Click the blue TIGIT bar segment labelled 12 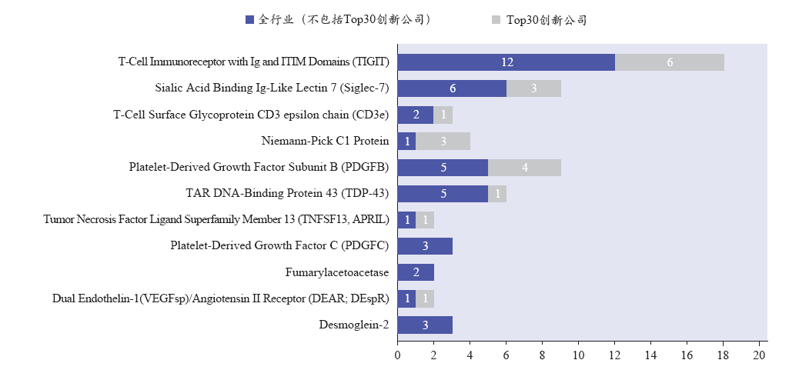(x=506, y=62)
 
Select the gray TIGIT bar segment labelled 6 (x=669, y=62)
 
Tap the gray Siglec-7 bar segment (x=533, y=88)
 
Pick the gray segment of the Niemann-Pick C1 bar (x=443, y=142)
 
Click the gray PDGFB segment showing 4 (x=524, y=168)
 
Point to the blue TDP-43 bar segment (x=443, y=194)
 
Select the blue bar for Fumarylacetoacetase (x=416, y=272)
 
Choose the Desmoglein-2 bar (x=425, y=325)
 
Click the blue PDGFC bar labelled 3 (x=425, y=246)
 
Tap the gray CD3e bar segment (x=443, y=115)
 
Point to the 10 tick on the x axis (x=579, y=355)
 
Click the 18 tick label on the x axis (x=724, y=355)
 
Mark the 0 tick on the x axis (x=397, y=355)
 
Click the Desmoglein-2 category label (x=353, y=325)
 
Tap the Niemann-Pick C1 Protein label (x=325, y=142)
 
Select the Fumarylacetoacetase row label (x=336, y=272)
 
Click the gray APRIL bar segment (x=425, y=220)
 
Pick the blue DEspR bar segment (x=406, y=298)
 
